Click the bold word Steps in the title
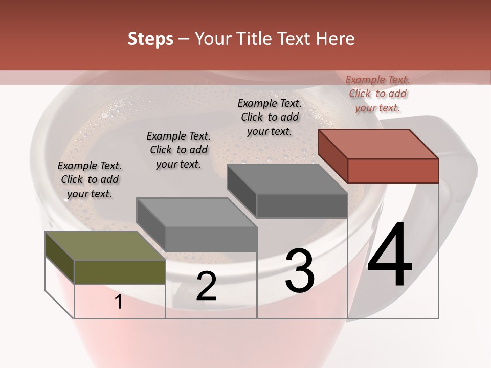tap(150, 39)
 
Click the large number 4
tap(390, 256)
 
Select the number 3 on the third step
tap(300, 271)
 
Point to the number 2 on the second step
tap(206, 287)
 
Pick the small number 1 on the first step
tap(119, 302)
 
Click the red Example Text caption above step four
tap(377, 94)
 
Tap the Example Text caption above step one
tap(90, 179)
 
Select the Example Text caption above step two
tap(178, 150)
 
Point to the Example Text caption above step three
tap(270, 117)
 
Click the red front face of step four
tap(393, 171)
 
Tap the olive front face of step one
tap(120, 272)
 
